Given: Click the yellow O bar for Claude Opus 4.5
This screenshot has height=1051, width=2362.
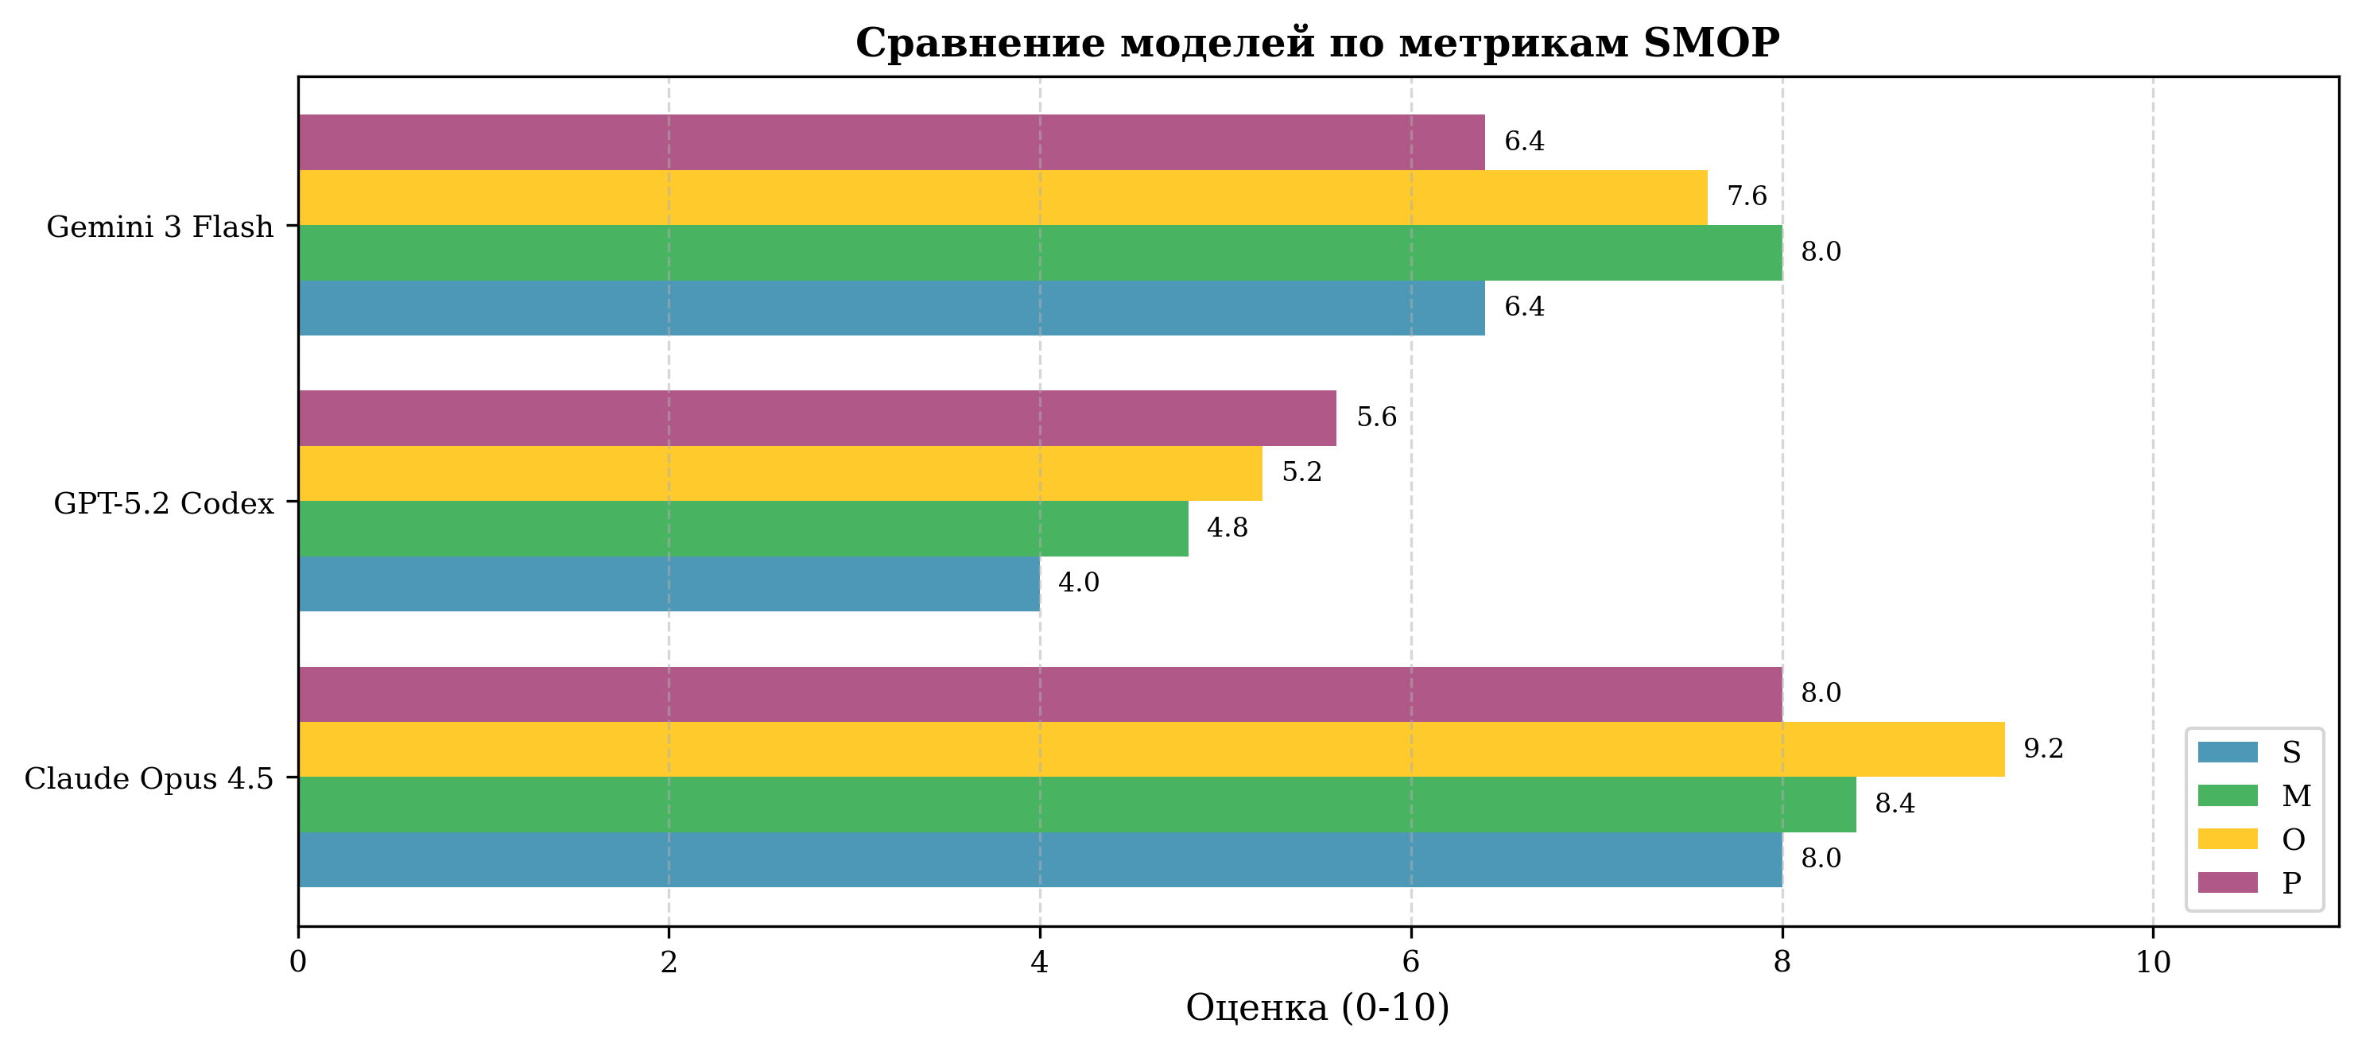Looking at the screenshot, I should [x=1150, y=749].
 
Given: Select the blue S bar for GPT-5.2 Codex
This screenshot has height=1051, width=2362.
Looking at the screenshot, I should [x=669, y=584].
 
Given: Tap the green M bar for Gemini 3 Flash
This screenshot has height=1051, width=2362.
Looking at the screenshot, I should [x=1040, y=252].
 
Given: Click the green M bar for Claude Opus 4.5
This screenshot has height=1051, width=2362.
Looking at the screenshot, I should [x=1076, y=805].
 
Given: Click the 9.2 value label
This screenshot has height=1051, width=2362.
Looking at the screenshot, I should [x=2043, y=748].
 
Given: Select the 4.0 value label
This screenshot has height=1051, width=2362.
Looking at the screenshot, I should [x=1078, y=583].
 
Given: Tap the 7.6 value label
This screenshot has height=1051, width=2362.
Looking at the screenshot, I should [x=1747, y=196].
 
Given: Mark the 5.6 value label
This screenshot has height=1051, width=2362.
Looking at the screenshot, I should [x=1376, y=417].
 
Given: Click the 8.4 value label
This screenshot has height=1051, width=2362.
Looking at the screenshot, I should [x=1895, y=804].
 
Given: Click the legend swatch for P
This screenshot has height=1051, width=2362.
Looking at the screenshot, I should [x=2227, y=883].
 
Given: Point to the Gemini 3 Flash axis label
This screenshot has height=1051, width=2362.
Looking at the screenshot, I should [x=160, y=227].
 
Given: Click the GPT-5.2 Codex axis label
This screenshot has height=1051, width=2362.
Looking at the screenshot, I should [x=163, y=503].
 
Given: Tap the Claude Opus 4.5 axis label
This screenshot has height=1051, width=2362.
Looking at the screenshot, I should [x=149, y=778].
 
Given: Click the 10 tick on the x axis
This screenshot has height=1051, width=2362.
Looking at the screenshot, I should [x=2153, y=962].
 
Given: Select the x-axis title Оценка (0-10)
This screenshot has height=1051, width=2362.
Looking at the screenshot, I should [x=1317, y=1007].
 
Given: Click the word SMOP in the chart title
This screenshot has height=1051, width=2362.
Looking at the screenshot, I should [x=1711, y=43].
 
